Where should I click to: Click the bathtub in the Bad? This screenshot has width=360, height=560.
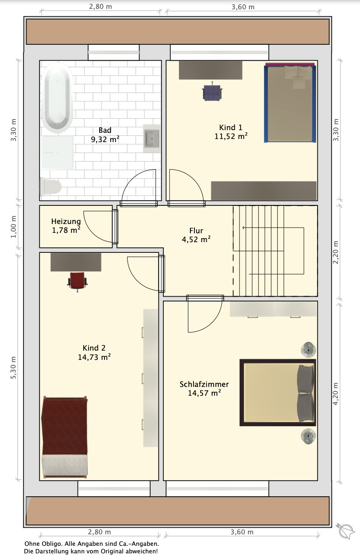click(57, 97)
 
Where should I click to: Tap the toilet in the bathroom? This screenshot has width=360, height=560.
click(51, 187)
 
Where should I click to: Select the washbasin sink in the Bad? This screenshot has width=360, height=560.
click(152, 139)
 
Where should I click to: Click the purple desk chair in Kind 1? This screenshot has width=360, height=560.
click(212, 92)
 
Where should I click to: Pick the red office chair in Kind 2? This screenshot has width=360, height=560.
click(77, 281)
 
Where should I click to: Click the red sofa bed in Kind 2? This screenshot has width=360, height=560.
click(65, 437)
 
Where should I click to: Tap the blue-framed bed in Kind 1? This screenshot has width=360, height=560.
click(290, 103)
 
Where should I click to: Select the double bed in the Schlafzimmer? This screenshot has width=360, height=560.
click(278, 393)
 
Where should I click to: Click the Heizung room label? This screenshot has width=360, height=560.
click(66, 221)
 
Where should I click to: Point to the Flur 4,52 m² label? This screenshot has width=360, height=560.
click(196, 235)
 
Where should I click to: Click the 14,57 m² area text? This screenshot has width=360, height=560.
click(204, 393)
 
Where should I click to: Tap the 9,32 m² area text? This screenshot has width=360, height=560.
click(105, 139)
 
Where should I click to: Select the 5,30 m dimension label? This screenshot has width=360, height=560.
click(13, 367)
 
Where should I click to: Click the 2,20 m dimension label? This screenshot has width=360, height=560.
click(336, 252)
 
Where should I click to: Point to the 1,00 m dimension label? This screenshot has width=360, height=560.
click(13, 227)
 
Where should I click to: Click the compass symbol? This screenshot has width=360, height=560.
click(345, 531)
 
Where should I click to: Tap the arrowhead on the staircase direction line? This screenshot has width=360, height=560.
click(244, 228)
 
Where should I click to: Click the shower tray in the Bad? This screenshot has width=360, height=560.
click(57, 153)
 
